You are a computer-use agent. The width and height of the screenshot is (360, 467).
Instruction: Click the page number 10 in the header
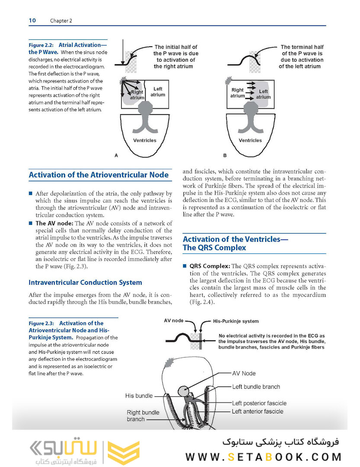point(32,20)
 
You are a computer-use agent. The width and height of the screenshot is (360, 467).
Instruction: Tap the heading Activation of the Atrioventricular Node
point(99,175)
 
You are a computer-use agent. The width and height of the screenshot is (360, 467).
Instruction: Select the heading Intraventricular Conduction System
point(85,282)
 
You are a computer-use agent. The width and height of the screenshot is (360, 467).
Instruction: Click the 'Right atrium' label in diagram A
point(137,95)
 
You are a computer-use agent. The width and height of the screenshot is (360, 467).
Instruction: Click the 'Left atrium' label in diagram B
point(263,94)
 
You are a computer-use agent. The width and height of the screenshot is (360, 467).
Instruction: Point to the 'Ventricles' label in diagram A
point(145,141)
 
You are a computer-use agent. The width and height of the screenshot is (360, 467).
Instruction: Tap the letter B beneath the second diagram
point(225,155)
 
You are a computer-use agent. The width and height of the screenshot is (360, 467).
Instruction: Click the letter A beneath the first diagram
point(116,155)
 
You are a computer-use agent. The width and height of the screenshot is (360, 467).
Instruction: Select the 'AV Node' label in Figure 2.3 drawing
point(244,373)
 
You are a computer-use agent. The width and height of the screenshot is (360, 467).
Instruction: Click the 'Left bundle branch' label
point(256,387)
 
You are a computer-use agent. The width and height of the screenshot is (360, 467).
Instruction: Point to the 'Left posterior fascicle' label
point(259,403)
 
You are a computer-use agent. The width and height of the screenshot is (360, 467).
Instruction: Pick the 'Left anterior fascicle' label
point(257,411)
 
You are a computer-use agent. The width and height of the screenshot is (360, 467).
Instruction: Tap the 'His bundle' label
point(139,395)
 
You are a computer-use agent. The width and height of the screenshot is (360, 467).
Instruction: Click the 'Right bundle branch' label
point(143,416)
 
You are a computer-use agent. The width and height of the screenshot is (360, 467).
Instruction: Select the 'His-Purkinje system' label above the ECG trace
point(236,321)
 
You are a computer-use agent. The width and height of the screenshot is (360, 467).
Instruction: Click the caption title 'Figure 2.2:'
point(42,45)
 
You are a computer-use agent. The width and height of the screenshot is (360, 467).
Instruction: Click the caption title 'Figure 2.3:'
point(42,323)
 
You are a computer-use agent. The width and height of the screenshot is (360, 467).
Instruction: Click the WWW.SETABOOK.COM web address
point(264,457)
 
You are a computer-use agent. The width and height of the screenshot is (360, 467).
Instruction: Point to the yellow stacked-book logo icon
point(124,452)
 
